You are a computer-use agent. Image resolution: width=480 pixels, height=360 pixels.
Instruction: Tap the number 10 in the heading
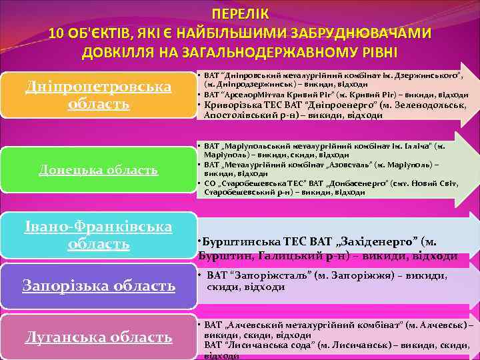click(58, 33)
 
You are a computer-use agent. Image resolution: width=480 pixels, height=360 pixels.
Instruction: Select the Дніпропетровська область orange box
click(98, 96)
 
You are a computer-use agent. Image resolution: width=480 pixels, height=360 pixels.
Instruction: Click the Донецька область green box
click(98, 170)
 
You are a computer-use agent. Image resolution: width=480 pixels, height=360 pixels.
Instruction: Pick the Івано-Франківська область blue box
click(98, 235)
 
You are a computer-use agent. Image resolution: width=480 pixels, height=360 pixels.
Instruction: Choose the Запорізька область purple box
click(98, 286)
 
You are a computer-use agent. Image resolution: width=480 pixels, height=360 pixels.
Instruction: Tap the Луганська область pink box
click(98, 337)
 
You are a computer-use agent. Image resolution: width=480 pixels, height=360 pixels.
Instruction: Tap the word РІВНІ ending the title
click(375, 53)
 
